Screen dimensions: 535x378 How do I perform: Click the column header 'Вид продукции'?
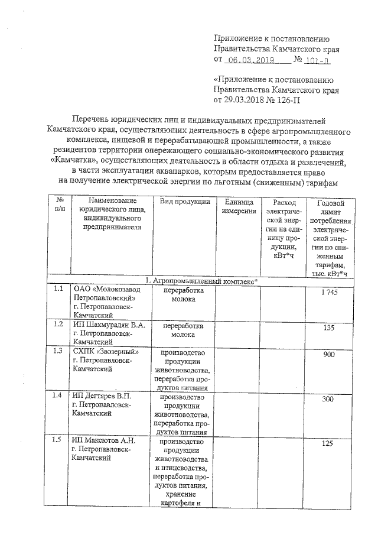[184, 203]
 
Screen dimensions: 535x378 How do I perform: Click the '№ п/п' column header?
[58, 207]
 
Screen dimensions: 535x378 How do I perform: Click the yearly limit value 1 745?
[326, 293]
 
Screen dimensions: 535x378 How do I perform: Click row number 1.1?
[58, 290]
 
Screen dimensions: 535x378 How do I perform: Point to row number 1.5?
[58, 439]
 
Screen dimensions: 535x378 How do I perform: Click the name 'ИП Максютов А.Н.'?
[103, 440]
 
